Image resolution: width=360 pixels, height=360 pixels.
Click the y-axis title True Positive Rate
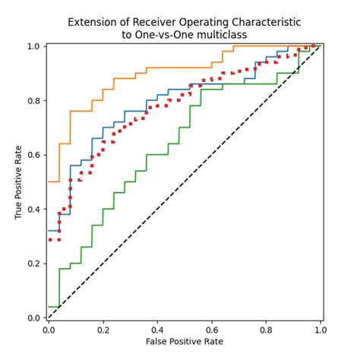[18, 182]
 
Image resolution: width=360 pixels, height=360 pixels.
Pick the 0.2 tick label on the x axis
[103, 330]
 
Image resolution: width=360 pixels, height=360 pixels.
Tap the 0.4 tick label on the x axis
[157, 330]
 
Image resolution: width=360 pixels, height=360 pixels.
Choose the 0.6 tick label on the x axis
[212, 330]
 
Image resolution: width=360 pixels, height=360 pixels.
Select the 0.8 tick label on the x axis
[267, 330]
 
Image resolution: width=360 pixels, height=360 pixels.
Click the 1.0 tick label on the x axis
[321, 330]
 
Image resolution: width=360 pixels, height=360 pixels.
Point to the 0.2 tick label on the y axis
[34, 264]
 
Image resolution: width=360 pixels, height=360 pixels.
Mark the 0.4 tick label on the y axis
[34, 209]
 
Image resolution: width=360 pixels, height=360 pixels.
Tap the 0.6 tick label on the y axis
[34, 155]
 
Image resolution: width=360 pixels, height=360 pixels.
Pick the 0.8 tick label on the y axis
[34, 100]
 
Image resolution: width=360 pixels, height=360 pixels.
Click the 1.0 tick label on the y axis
[34, 46]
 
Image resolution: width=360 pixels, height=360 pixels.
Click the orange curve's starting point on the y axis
[49, 182]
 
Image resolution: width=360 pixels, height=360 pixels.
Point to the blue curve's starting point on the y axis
[49, 230]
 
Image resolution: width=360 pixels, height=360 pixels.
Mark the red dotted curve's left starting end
[49, 239]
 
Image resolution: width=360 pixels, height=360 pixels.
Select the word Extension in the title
[93, 22]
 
